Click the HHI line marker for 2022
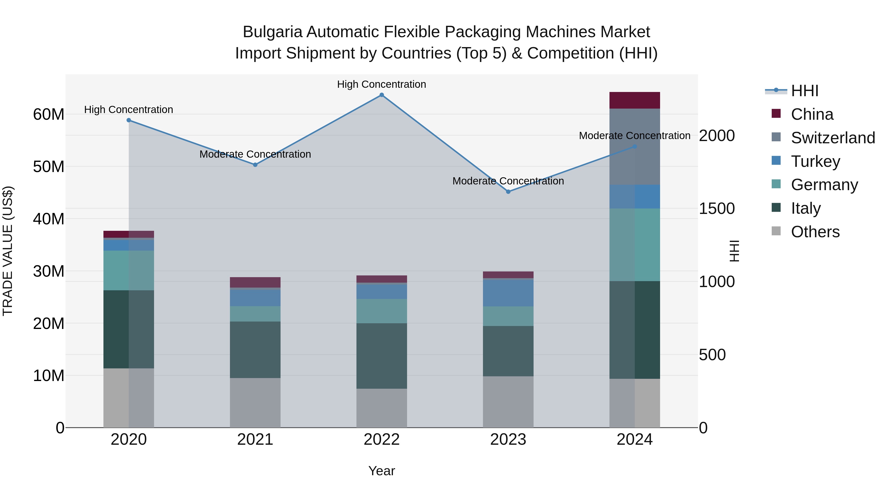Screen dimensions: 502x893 [x=382, y=95]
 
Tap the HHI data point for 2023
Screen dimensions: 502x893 [x=508, y=192]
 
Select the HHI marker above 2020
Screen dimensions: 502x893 [x=128, y=120]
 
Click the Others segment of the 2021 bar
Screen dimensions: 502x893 [x=255, y=403]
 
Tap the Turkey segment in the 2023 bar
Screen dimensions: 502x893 [x=508, y=293]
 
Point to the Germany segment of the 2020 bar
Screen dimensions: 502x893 [x=128, y=270]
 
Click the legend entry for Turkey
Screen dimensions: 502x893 [x=815, y=161]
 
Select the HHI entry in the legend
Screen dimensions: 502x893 [x=804, y=91]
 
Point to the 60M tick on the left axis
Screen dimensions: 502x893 [x=49, y=114]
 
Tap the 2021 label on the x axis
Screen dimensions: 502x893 [x=255, y=440]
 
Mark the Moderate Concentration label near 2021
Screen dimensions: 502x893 [x=255, y=154]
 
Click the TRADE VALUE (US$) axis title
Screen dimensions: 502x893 [x=8, y=251]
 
